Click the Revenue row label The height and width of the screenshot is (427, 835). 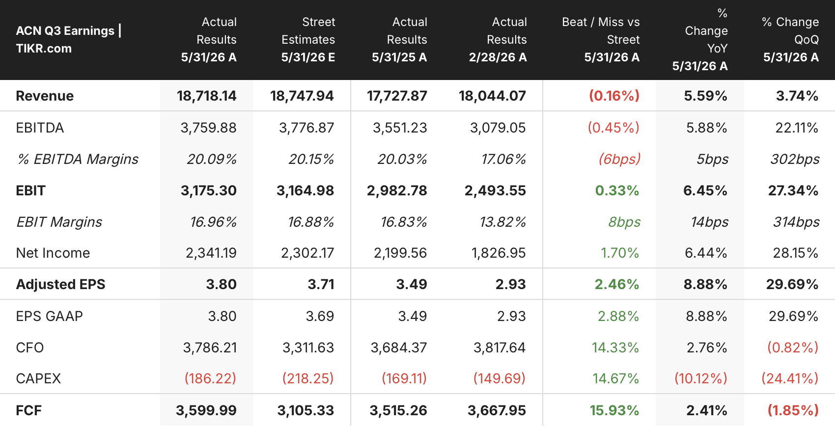[x=45, y=96]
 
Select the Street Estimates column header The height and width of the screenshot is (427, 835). [x=308, y=39]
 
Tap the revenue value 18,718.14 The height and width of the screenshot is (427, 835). [x=206, y=96]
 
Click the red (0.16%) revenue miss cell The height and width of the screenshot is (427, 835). [x=614, y=96]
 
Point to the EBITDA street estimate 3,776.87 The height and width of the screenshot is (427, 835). [x=306, y=128]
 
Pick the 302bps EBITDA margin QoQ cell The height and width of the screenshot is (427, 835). [x=795, y=160]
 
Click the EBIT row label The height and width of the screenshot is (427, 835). [x=30, y=191]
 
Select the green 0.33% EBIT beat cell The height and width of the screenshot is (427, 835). [x=617, y=191]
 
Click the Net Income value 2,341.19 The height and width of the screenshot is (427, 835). [x=211, y=253]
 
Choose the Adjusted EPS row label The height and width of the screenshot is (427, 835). [x=60, y=284]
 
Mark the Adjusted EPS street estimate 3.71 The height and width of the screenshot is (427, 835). [x=321, y=284]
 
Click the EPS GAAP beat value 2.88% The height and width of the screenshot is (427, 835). [x=618, y=317]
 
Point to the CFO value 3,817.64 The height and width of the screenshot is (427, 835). [x=500, y=347]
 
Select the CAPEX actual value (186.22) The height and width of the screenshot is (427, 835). [x=210, y=378]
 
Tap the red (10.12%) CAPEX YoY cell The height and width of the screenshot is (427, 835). [x=701, y=378]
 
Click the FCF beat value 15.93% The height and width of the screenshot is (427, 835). [x=614, y=411]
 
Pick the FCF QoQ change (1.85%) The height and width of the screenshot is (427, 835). [x=793, y=411]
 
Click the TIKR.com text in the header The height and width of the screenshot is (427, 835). [x=44, y=49]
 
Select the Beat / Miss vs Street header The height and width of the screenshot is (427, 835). [x=601, y=39]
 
